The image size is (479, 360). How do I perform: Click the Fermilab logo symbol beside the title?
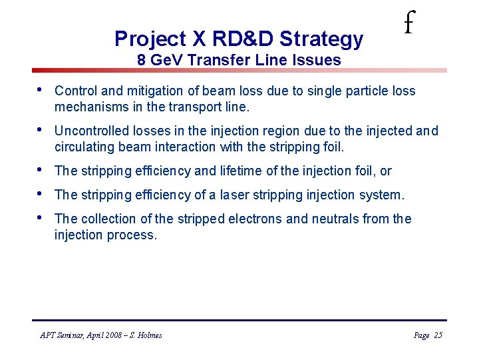408,25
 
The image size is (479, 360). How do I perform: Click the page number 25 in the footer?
437,335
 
